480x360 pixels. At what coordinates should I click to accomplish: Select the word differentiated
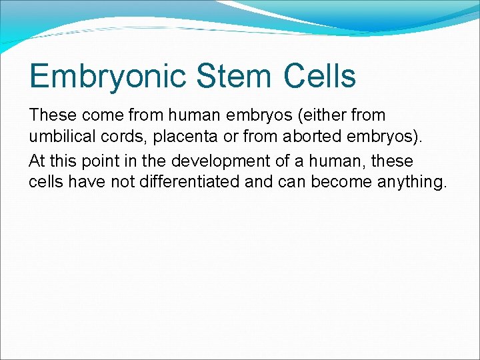point(190,182)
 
